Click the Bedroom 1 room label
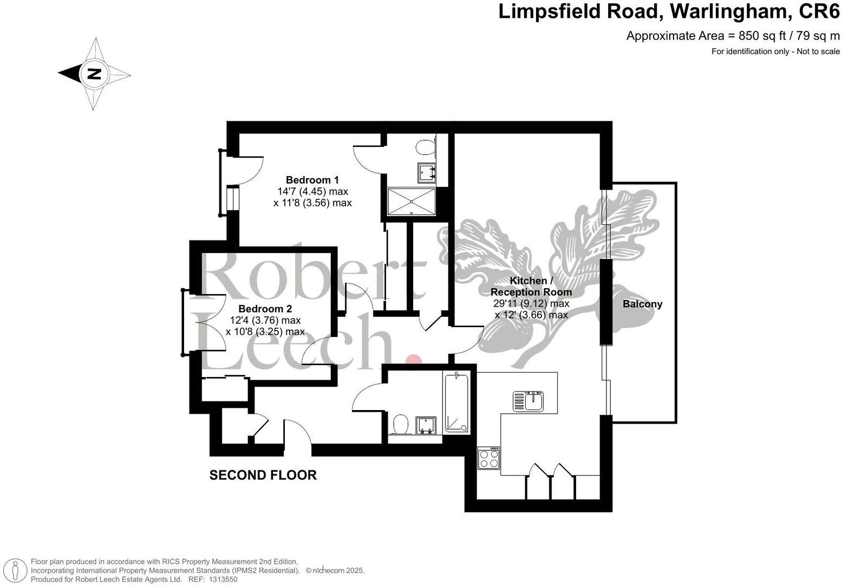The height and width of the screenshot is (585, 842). point(312,180)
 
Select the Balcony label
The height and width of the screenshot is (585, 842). point(642,304)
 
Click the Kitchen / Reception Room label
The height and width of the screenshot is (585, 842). point(531,287)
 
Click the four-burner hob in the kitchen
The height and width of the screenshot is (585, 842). point(489,458)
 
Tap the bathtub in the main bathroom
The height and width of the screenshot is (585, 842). point(456,402)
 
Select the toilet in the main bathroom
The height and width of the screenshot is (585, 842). point(401,424)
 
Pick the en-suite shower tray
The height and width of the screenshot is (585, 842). point(412,201)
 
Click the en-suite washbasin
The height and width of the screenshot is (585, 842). point(427,172)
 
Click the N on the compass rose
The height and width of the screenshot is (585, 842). point(94,74)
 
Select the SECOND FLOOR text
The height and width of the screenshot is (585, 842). point(263,475)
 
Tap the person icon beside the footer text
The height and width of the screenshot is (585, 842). point(15,570)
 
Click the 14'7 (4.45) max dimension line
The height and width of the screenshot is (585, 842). point(312,191)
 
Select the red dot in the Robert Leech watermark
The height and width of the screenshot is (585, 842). point(413,360)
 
